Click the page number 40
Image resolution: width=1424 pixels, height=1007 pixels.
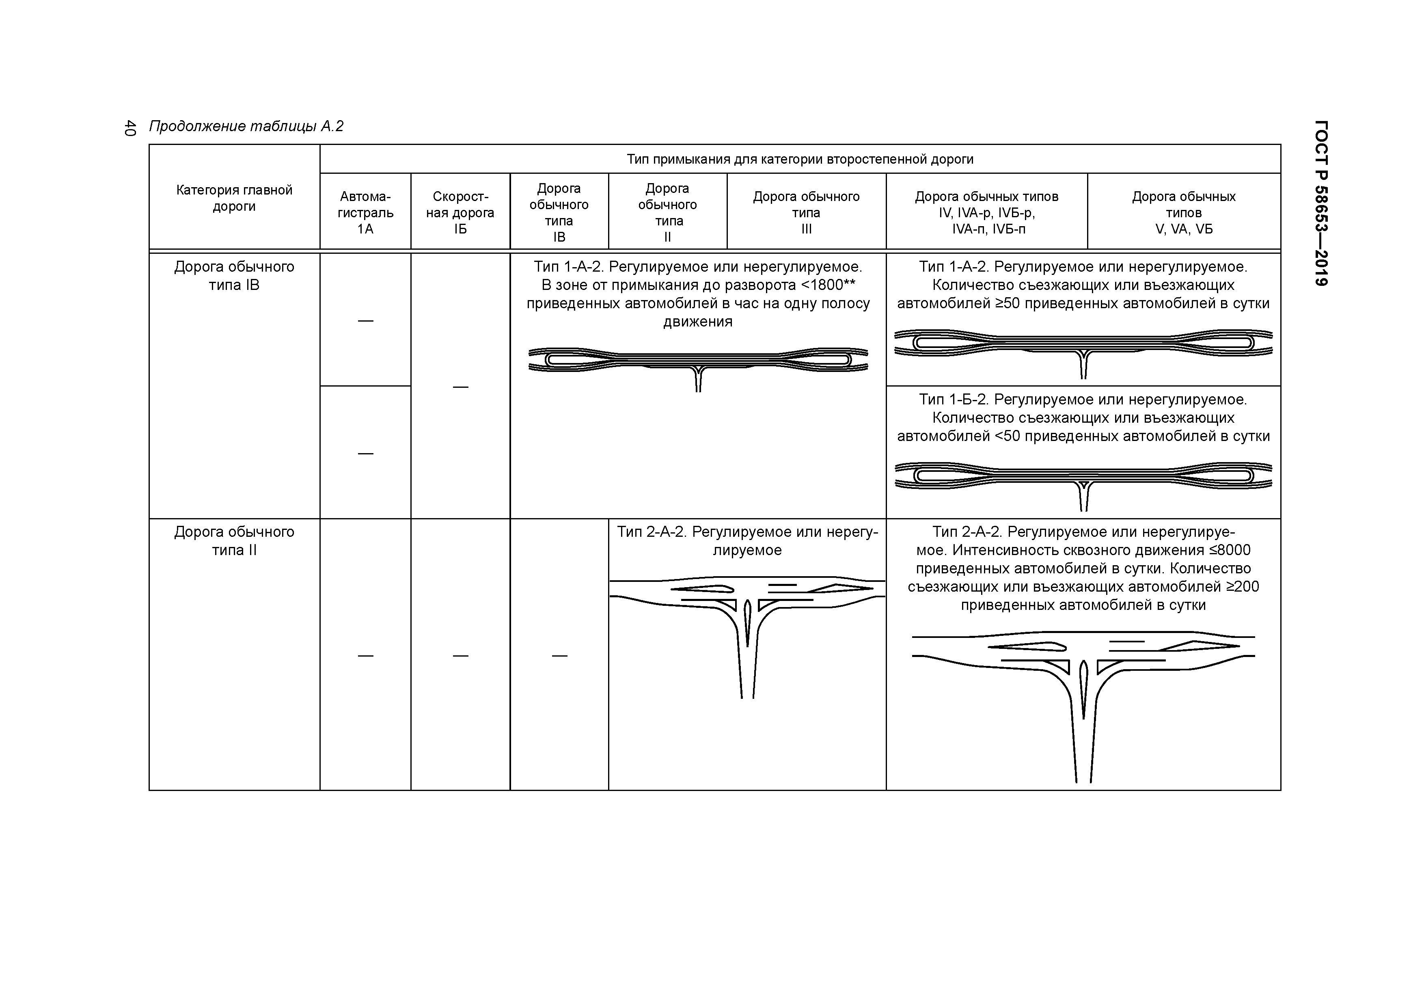tap(129, 128)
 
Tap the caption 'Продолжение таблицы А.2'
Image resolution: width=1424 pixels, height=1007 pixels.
tap(246, 127)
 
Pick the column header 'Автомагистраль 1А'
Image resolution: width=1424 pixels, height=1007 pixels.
tap(365, 212)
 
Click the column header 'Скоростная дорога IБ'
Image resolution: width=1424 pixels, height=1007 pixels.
tap(460, 212)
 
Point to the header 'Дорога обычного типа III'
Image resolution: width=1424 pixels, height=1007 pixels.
tap(806, 212)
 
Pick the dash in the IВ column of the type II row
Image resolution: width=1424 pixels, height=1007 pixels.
tap(559, 655)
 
